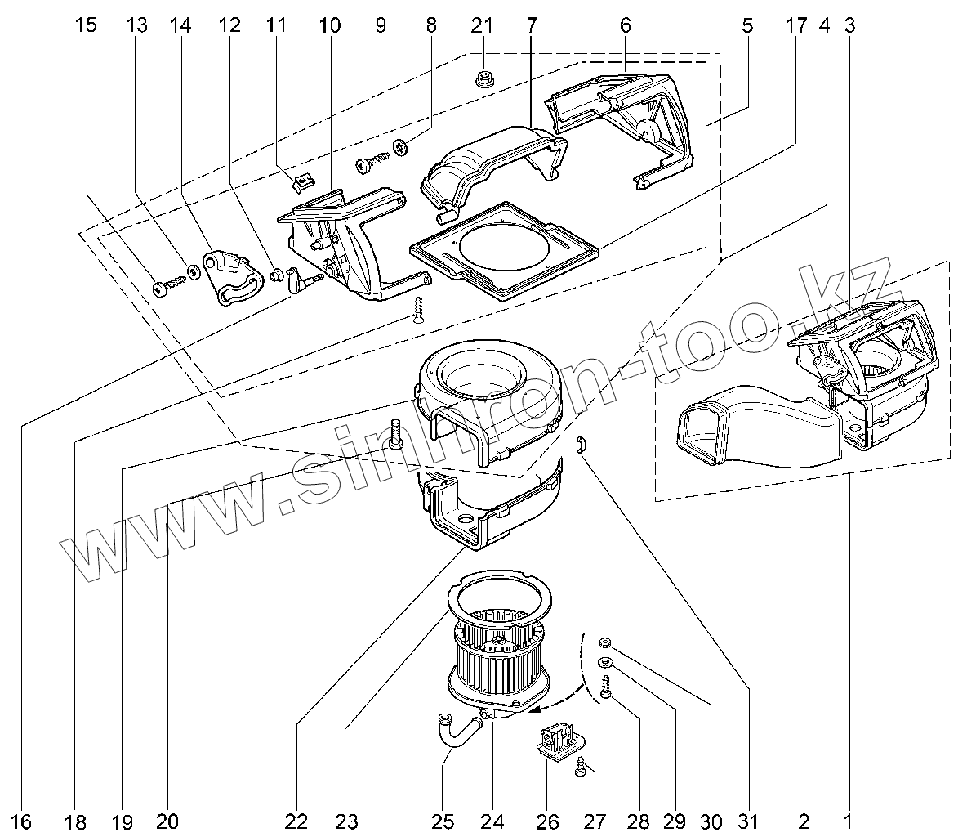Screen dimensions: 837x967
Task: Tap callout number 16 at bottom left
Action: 23,820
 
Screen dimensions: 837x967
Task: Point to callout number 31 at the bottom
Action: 749,820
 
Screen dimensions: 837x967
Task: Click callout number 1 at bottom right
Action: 848,820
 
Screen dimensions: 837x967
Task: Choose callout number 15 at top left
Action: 86,25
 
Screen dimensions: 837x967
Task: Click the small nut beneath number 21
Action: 483,79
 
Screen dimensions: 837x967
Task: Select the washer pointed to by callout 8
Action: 401,148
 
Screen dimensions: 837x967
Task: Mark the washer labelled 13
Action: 194,271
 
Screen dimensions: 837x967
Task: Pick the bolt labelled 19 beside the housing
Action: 397,433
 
